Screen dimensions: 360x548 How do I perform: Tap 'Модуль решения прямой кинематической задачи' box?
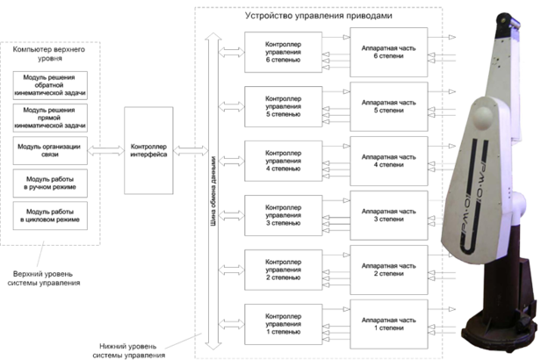point(49,118)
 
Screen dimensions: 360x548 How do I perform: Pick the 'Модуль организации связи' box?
point(49,149)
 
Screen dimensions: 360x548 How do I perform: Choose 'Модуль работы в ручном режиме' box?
point(49,182)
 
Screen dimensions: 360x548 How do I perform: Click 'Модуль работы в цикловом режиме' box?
point(49,214)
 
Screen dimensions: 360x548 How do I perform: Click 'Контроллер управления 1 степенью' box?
point(280,323)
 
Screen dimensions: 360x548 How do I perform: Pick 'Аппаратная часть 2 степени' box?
point(387,269)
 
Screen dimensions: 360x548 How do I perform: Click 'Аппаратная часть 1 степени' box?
point(387,323)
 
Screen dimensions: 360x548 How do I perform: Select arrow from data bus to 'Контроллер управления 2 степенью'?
point(229,269)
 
